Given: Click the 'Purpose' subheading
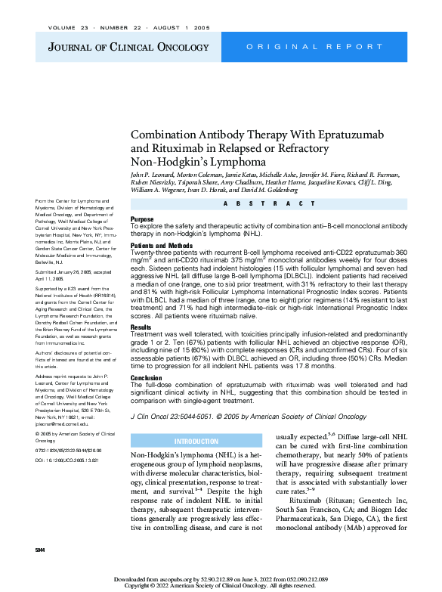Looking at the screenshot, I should pos(142,219).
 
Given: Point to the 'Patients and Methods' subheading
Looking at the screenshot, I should pos(162,246).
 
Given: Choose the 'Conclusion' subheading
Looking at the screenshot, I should pos(147,377).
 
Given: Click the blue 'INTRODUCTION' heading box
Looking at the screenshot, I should pos(196,441).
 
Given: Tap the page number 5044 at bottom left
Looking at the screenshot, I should pos(41,549).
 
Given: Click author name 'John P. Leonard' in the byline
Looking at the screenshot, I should pos(156,175).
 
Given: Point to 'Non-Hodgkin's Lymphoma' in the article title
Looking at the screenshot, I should pos(199,161).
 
